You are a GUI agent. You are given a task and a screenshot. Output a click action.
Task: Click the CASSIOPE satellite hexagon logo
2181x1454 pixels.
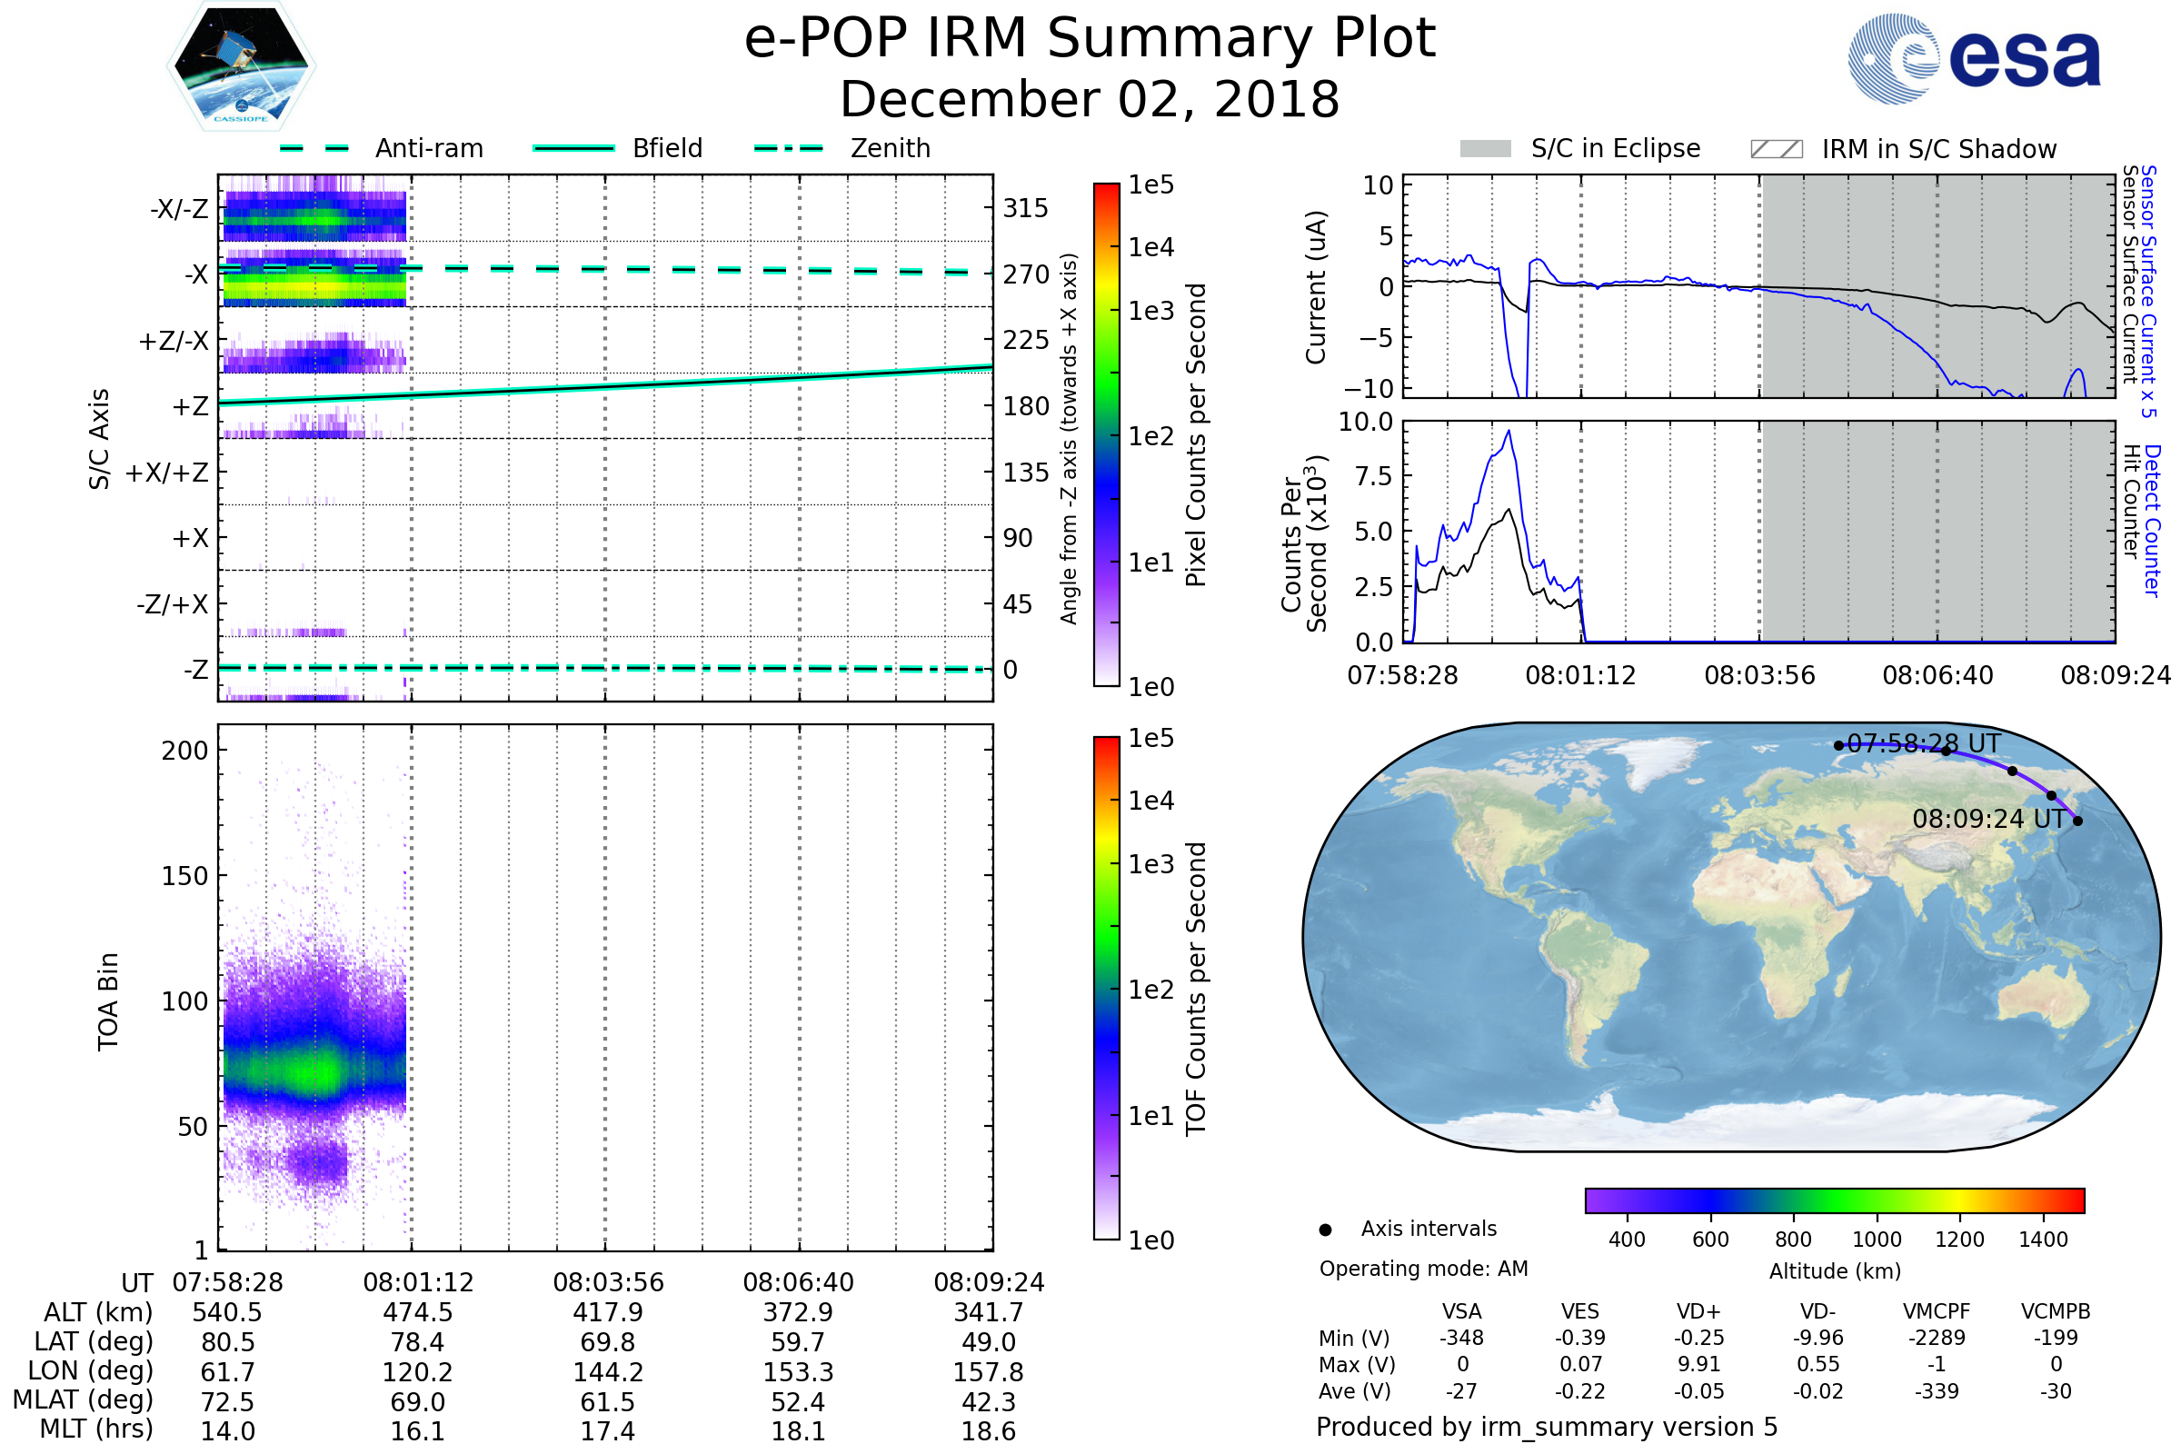point(241,65)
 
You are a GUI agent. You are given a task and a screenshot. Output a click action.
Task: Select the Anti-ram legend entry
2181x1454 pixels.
point(382,148)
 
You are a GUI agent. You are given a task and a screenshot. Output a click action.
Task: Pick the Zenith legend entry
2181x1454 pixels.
point(842,148)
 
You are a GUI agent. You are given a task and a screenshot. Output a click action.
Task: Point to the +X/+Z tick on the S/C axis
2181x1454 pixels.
point(167,473)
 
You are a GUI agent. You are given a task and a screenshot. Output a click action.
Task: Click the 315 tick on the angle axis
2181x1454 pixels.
point(1025,208)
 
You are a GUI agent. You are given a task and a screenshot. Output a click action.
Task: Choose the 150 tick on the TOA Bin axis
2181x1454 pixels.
point(184,876)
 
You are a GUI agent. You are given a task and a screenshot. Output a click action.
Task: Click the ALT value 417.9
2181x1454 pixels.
point(607,1313)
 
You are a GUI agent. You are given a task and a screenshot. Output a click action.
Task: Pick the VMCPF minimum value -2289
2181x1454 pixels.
point(1937,1338)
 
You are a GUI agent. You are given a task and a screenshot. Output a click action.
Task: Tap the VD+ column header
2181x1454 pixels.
point(1698,1311)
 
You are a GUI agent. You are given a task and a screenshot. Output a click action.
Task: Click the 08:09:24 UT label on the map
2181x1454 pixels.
point(1988,819)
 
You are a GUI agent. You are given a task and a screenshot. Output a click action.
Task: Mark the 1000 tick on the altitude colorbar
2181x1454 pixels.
point(1876,1240)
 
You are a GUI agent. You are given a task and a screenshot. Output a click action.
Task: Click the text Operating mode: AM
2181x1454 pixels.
point(1423,1269)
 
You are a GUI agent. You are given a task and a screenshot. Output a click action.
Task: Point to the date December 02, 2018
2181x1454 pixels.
point(1090,99)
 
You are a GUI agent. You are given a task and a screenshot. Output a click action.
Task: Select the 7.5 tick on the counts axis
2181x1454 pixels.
point(1374,476)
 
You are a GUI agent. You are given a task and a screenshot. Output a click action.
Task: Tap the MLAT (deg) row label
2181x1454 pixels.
point(84,1401)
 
